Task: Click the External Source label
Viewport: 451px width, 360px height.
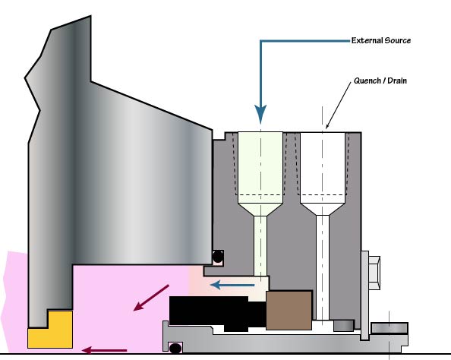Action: coord(381,40)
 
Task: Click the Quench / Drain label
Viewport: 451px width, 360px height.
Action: coord(380,81)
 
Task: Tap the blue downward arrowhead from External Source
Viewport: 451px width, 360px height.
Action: coord(260,114)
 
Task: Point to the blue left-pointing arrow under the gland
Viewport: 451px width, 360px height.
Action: coord(232,285)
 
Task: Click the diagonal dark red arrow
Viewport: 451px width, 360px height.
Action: coord(151,298)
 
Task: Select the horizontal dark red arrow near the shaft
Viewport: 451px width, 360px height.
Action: coord(105,350)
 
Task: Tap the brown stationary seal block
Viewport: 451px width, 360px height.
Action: coord(289,310)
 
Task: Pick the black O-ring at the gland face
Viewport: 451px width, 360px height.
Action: coord(218,257)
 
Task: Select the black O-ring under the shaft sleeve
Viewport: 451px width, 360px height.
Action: coord(175,348)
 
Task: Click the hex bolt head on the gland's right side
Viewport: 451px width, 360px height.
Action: coord(374,273)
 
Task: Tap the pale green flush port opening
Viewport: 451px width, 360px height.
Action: coord(260,168)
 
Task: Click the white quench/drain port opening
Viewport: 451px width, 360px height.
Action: coord(323,168)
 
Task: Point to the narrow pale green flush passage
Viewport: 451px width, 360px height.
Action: coord(260,245)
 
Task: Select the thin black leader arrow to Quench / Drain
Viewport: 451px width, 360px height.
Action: coord(339,106)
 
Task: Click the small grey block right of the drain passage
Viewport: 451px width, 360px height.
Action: coord(343,326)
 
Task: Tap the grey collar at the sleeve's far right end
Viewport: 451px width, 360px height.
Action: coord(389,328)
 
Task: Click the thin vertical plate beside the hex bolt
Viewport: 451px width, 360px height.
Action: coord(364,295)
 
